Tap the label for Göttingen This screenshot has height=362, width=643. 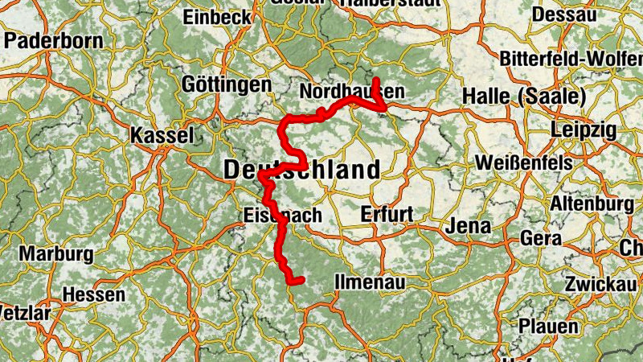[227, 84]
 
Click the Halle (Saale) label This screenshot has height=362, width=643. [524, 97]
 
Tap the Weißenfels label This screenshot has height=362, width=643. [524, 162]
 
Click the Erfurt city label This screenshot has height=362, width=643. [387, 214]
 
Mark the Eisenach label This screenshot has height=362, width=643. [282, 216]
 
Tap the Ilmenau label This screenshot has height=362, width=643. [370, 283]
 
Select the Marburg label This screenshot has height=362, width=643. [56, 254]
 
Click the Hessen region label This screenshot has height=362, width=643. [93, 294]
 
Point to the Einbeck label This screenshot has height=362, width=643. [217, 17]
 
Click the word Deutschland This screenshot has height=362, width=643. [301, 171]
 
